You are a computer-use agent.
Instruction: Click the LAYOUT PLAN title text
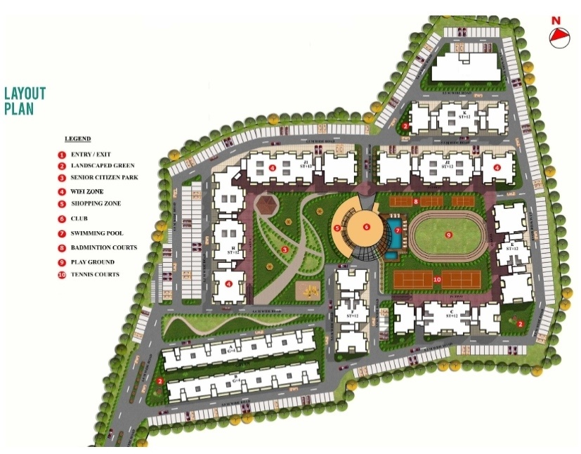[25, 101]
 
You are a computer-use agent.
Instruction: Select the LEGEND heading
[77, 139]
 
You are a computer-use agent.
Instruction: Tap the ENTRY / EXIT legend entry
[91, 155]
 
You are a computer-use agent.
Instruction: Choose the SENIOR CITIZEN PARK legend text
[104, 177]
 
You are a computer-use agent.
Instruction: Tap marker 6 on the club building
[367, 227]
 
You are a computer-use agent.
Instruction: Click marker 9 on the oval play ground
[448, 235]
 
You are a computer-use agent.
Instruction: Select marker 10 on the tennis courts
[436, 280]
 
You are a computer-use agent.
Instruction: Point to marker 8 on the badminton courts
[416, 202]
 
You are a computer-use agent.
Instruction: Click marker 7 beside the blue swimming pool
[397, 230]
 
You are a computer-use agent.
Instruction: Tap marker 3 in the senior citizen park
[285, 249]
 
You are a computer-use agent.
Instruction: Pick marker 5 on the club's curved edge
[337, 228]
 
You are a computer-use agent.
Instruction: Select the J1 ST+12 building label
[306, 165]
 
